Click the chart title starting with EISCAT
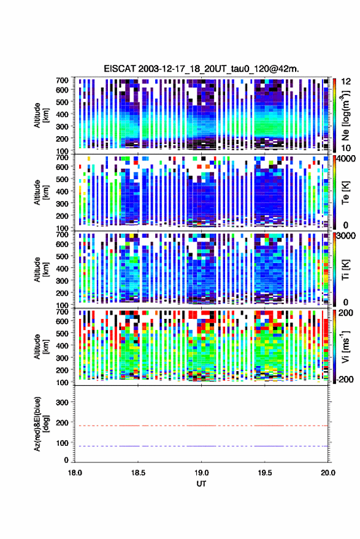click(x=202, y=69)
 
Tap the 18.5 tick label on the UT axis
click(x=138, y=473)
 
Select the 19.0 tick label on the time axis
click(x=202, y=473)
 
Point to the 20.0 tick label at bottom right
click(x=328, y=473)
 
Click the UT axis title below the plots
click(x=202, y=484)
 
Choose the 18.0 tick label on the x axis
click(x=75, y=473)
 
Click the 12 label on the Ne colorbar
click(x=346, y=82)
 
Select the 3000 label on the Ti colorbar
click(x=347, y=235)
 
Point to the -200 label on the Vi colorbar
click(x=345, y=379)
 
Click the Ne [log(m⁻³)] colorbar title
click(x=345, y=115)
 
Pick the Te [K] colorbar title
click(x=345, y=193)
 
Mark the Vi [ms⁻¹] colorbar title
click(x=345, y=346)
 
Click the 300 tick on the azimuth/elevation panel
click(x=62, y=402)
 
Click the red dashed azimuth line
click(x=202, y=426)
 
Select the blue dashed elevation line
click(x=202, y=446)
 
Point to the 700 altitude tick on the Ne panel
click(x=62, y=80)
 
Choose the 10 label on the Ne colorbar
click(x=346, y=148)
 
